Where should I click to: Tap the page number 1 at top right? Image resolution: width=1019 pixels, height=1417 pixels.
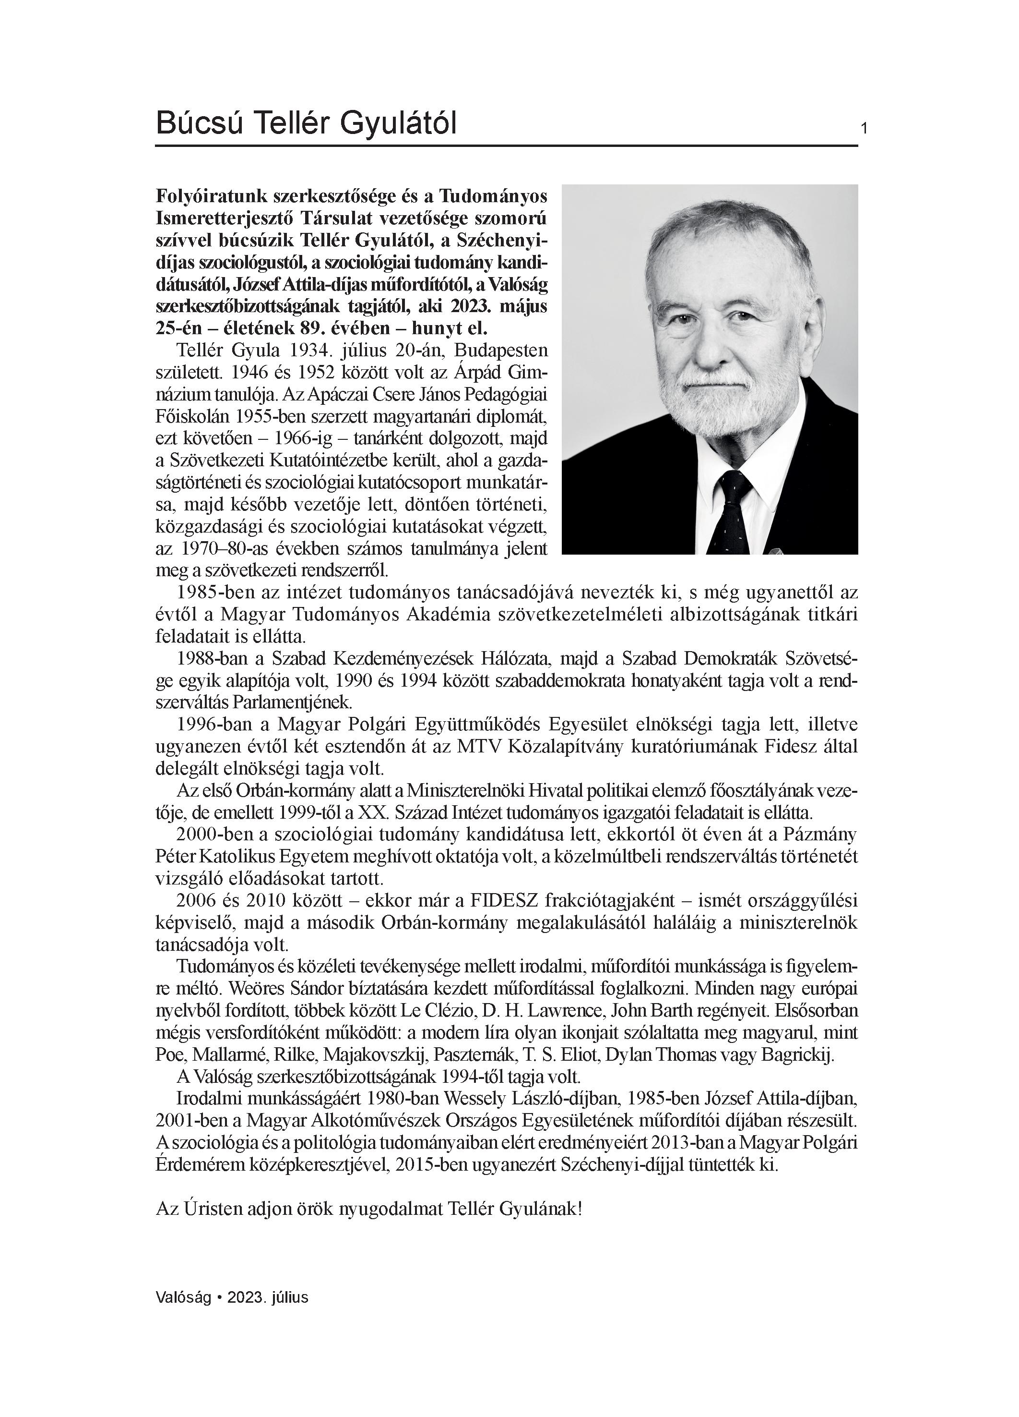tap(864, 129)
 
